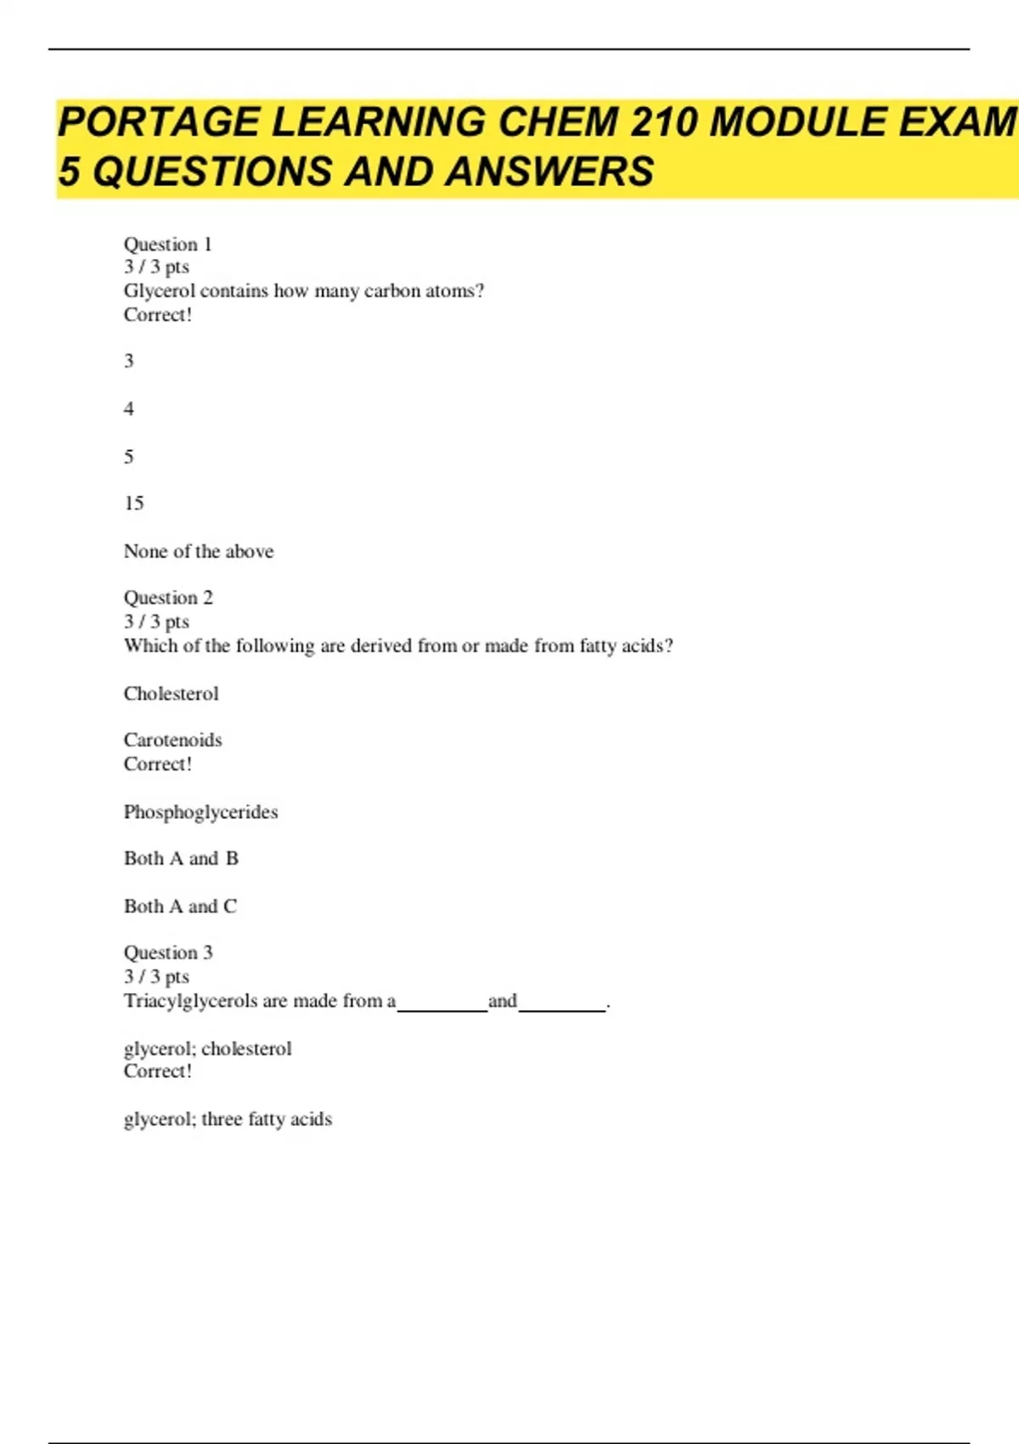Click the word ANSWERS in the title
549,172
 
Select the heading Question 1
167,245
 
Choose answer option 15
133,504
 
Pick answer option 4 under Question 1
129,409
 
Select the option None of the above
199,551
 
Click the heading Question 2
168,598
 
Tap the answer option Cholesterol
171,694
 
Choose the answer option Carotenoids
172,740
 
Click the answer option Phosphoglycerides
200,812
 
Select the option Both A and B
181,859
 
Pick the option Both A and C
180,906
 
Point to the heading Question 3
168,953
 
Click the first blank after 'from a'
442,1004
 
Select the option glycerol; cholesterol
207,1049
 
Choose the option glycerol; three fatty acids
228,1120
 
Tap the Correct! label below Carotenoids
158,764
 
